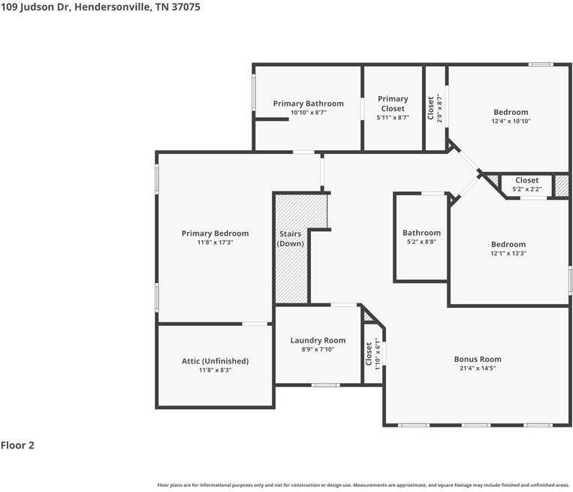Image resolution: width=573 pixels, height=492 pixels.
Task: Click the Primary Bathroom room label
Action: coord(308,104)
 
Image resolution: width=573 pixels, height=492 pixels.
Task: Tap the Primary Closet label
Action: coord(393,104)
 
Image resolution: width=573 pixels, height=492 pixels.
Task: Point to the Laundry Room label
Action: coord(318,340)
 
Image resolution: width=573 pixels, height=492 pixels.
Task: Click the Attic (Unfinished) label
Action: coord(215,361)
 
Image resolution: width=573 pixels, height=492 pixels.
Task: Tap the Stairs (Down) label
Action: coord(291,239)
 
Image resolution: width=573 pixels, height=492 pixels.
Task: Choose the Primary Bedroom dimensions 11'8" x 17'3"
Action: coord(215,243)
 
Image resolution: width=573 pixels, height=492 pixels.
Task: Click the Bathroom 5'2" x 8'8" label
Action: coord(421,233)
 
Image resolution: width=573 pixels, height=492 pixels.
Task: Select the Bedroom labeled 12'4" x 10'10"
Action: coord(511,113)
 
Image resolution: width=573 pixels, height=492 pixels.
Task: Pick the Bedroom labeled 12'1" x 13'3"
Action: coord(508,244)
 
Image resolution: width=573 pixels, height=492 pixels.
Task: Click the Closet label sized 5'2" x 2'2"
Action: coord(526,180)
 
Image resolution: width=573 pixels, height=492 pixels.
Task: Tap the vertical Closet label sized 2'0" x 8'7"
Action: coord(430,108)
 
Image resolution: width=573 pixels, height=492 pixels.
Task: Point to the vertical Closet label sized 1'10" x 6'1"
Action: coord(369,355)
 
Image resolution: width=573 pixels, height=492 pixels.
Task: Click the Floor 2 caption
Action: coord(17,445)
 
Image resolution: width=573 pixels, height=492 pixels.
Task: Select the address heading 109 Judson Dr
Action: coord(100,6)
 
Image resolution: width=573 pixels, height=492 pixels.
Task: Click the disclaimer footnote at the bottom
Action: coord(363,484)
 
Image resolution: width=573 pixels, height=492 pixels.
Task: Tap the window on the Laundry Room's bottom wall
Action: coord(325,385)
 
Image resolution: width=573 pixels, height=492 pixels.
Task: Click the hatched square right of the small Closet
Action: coord(561,186)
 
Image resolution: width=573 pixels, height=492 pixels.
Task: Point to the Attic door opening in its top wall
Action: coord(255,324)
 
